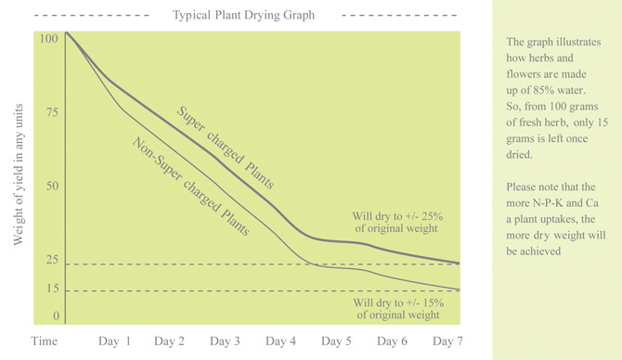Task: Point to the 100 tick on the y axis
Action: (49, 39)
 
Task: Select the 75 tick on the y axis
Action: (52, 113)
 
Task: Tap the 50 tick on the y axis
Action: (52, 186)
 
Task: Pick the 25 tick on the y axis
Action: (52, 261)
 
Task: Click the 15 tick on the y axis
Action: (52, 289)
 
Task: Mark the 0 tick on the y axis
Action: (56, 317)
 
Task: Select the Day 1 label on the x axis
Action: (115, 341)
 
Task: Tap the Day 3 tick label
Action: (226, 341)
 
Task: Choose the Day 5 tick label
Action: (336, 341)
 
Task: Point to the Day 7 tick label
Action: (447, 341)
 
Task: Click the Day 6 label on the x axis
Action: (392, 341)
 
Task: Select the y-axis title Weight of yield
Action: (19, 176)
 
